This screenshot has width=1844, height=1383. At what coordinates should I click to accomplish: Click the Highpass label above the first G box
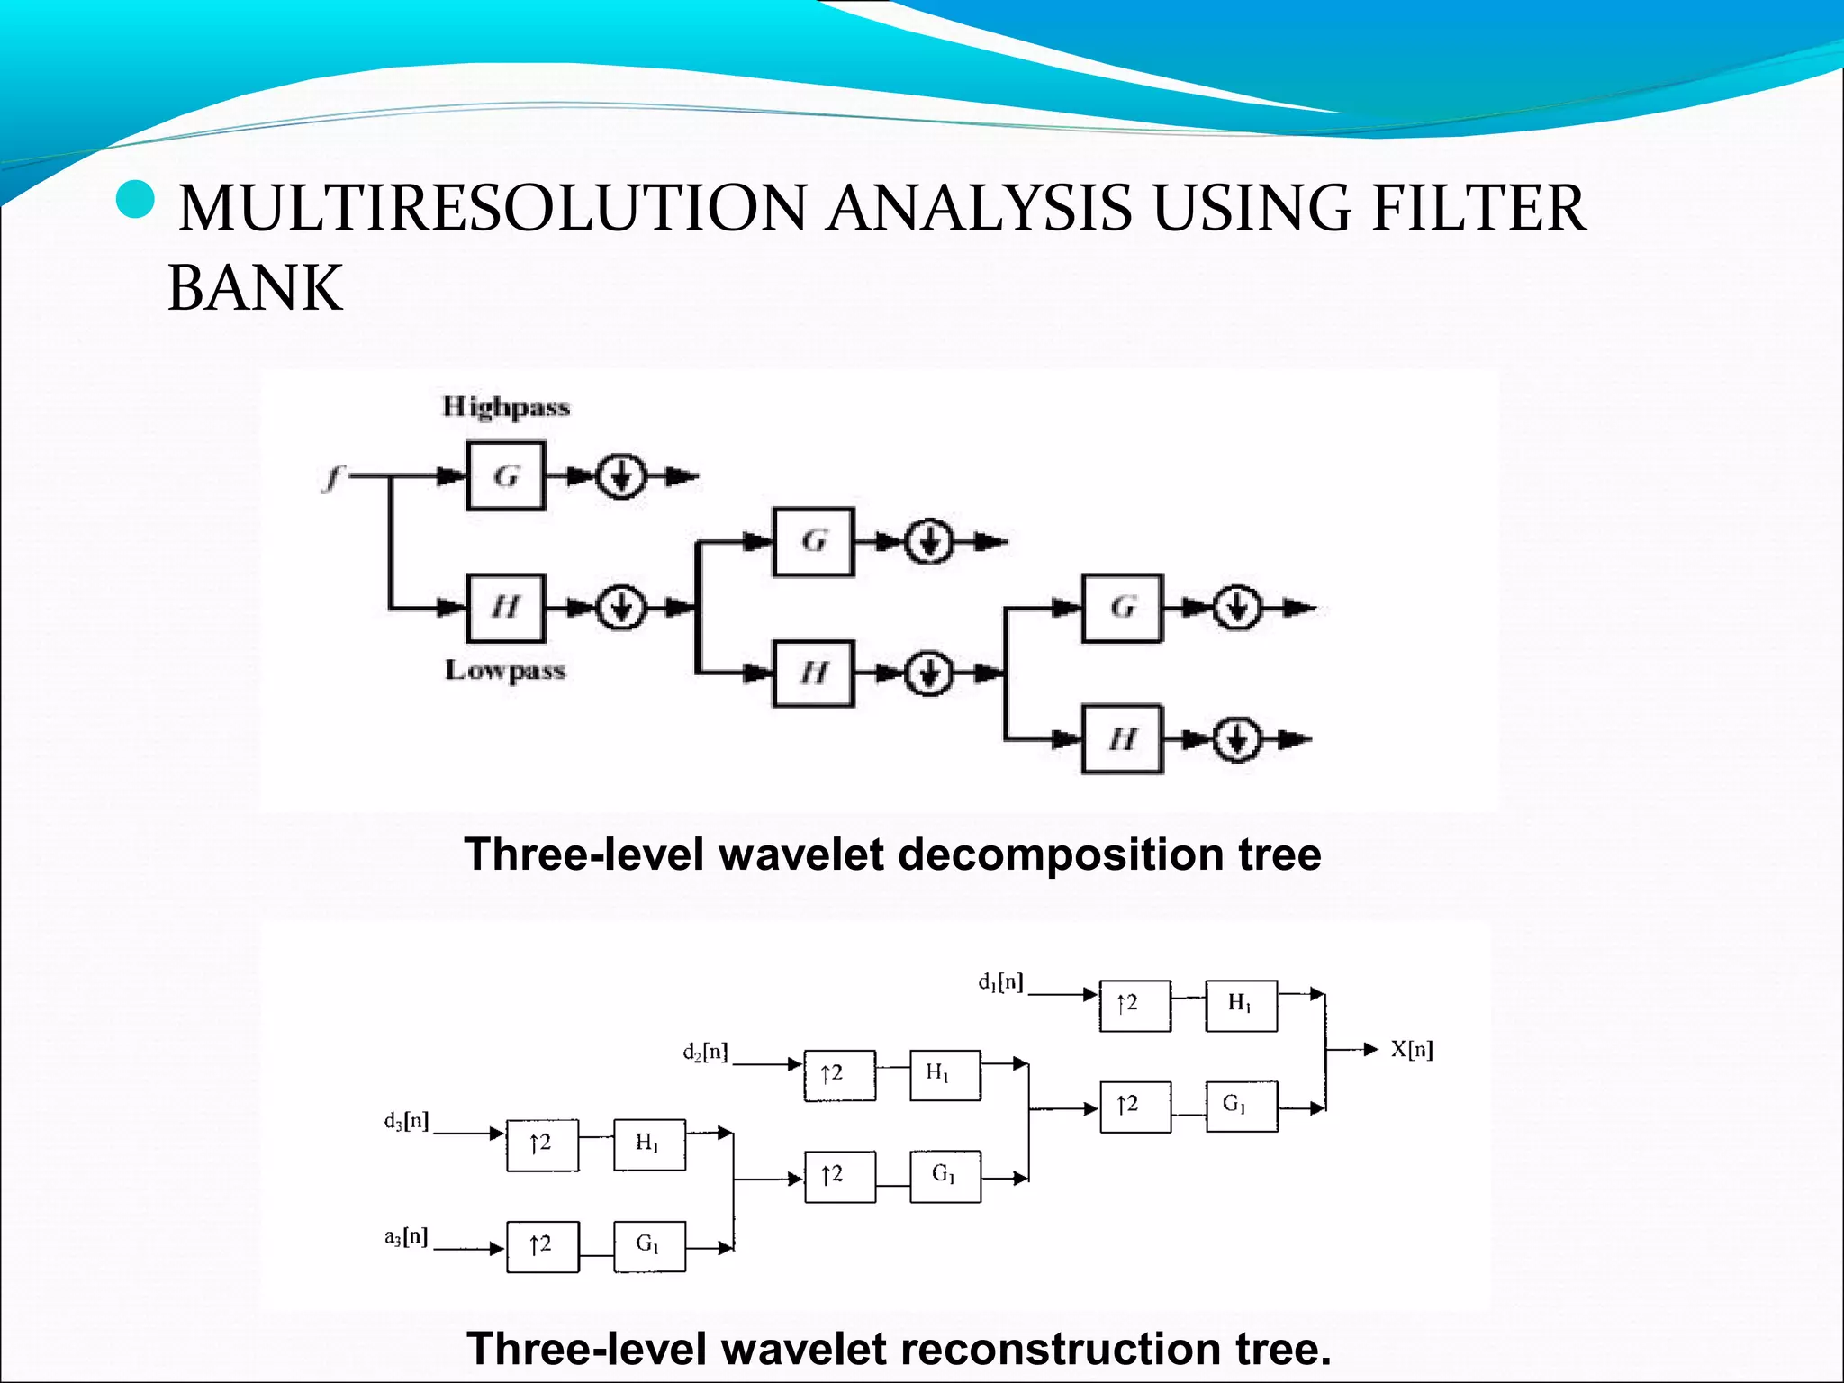(506, 407)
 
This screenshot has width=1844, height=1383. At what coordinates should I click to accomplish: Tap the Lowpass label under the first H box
(505, 670)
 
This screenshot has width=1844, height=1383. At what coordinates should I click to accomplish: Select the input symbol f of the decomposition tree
(333, 476)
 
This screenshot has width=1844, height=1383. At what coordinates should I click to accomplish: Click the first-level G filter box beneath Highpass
(506, 475)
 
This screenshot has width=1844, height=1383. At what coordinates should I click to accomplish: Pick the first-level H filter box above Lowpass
(506, 608)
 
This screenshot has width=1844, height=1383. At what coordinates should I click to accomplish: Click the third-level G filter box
(1122, 608)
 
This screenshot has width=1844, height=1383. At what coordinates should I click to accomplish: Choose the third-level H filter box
(1122, 739)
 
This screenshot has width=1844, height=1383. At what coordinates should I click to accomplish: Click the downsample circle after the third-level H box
(1237, 739)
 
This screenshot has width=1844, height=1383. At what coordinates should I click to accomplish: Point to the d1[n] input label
(1000, 982)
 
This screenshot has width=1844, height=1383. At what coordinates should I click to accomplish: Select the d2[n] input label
(705, 1052)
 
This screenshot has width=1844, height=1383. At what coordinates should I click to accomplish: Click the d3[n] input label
(406, 1121)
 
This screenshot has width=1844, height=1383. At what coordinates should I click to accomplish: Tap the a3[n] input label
(406, 1237)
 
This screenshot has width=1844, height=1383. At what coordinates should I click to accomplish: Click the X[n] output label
(1411, 1049)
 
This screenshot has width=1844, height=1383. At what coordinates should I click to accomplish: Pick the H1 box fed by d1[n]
(1241, 1005)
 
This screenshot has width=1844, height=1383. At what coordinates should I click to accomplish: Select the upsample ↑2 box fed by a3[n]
(542, 1246)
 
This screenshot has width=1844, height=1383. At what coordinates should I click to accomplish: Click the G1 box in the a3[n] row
(648, 1246)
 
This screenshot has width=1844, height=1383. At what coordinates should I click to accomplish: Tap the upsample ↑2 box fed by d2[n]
(838, 1074)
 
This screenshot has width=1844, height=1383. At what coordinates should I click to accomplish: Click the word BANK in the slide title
(256, 288)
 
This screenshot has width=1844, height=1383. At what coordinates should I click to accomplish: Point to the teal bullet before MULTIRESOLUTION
(136, 200)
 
